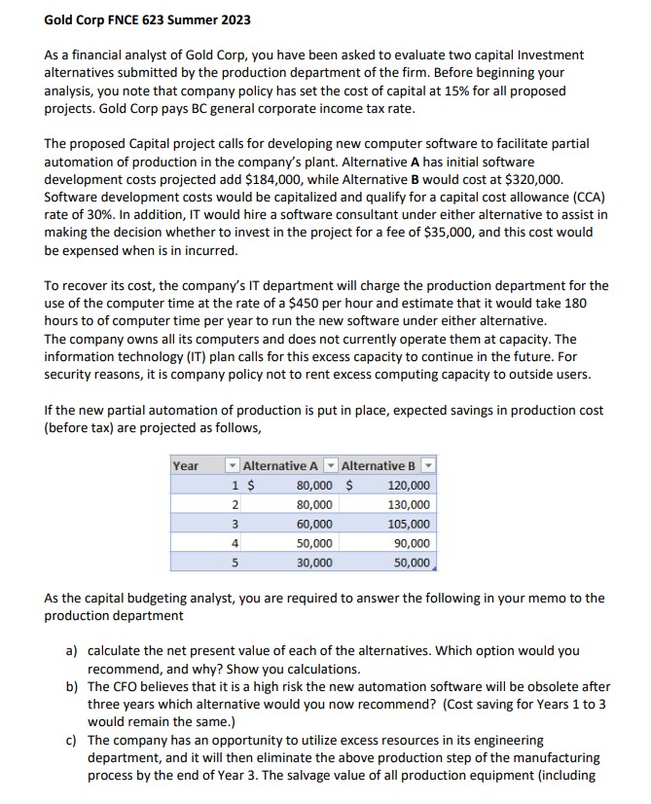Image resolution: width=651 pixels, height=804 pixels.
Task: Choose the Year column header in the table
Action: click(x=186, y=466)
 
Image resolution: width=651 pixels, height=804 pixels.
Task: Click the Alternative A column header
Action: click(x=279, y=466)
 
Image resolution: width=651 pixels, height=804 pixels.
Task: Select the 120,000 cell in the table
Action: click(x=408, y=486)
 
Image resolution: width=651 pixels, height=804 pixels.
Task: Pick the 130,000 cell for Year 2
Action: click(x=408, y=505)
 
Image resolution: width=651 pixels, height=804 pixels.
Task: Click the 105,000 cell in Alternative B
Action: click(x=408, y=524)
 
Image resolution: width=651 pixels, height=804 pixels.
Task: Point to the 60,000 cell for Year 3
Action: click(x=312, y=524)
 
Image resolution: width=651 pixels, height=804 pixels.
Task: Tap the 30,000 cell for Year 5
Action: click(x=312, y=563)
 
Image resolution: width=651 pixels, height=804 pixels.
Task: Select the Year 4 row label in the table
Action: click(x=234, y=543)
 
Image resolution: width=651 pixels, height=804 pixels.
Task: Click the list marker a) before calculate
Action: click(x=71, y=650)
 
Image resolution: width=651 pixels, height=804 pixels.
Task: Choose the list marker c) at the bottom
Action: click(x=71, y=740)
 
